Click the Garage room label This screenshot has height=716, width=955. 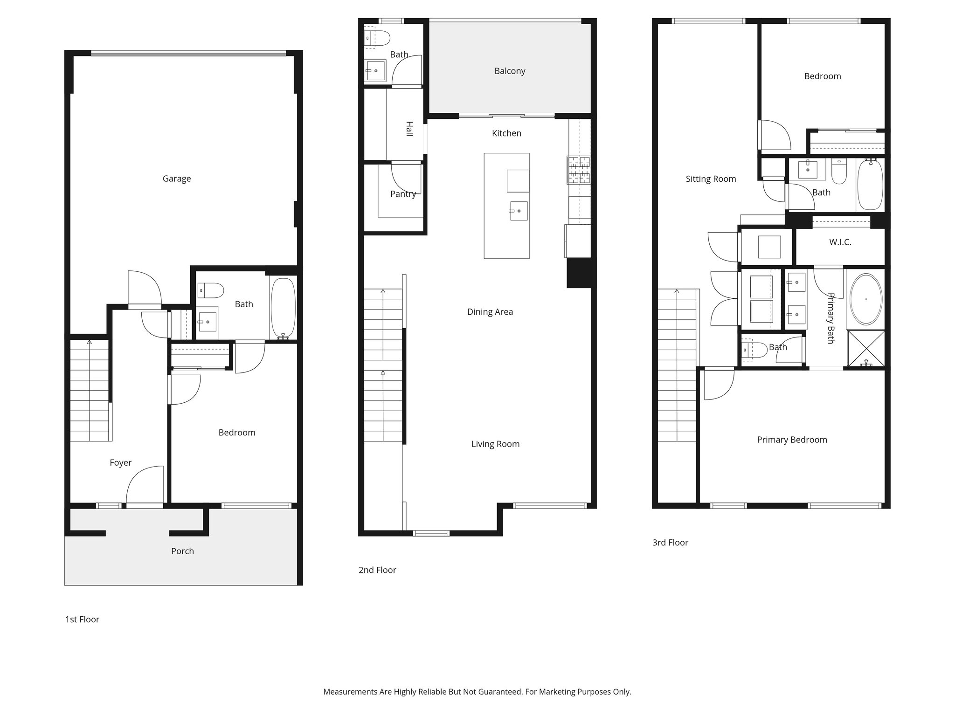(176, 179)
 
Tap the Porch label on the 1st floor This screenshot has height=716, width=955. (182, 551)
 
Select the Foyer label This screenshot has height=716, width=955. (120, 462)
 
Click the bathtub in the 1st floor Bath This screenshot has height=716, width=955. (283, 308)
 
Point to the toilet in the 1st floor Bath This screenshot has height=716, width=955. (210, 290)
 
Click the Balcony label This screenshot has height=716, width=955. (510, 71)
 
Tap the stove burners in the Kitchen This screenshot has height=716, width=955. (578, 170)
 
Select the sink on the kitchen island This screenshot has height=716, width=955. (519, 211)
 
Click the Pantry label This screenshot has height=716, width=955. (403, 194)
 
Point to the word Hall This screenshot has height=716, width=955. (409, 129)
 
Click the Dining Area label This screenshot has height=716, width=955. (490, 312)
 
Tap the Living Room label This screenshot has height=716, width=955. (495, 444)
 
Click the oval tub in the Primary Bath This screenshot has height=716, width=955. (866, 299)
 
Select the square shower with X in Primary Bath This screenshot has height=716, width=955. (866, 349)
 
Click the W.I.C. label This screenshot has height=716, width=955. (840, 242)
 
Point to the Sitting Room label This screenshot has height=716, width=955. (711, 179)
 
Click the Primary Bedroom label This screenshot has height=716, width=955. (792, 440)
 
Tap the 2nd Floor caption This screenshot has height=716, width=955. (377, 570)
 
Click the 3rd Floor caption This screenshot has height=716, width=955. (670, 542)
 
